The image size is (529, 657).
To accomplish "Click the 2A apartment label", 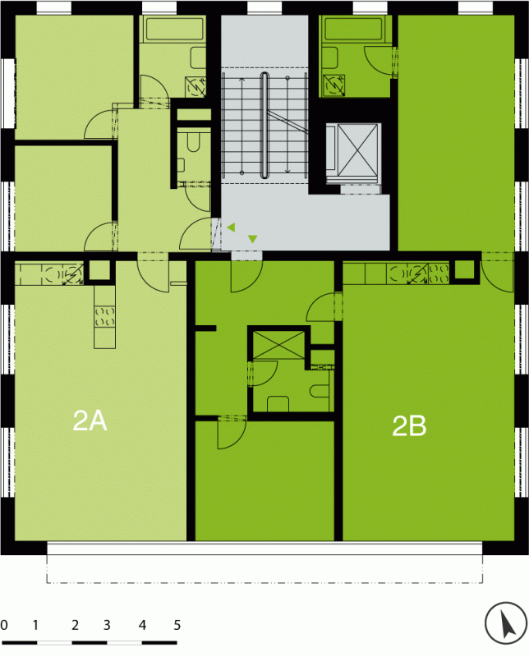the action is pos(90,420).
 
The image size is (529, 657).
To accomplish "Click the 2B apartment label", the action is pos(409,425).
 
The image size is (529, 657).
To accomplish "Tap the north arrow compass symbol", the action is pos(506,623).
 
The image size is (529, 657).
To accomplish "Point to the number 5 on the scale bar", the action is pos(177,626).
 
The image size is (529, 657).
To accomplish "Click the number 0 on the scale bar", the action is pos(4,626).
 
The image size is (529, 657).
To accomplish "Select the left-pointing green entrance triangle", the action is pos(231,227).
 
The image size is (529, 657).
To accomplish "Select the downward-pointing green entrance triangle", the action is pos(252,239).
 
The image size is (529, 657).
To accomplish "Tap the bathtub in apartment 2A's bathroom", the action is pos(173,29).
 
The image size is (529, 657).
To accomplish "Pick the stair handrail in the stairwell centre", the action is pos(264,125).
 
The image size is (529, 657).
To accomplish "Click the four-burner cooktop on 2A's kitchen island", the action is pos(104,317).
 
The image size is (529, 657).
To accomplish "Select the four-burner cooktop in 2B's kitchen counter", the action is pos(439,273).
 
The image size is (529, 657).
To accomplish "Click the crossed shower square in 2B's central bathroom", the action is pos(279,345).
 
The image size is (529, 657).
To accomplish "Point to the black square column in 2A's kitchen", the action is pos(99,270).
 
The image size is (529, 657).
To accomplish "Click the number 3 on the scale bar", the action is pos(107,626).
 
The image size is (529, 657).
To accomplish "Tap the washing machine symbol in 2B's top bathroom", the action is pos(333,85).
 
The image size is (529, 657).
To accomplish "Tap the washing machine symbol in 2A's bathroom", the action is pos(195,87).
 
